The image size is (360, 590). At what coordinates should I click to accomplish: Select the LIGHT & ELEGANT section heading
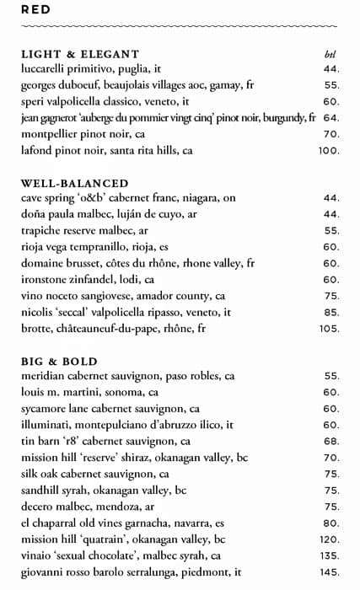[80, 55]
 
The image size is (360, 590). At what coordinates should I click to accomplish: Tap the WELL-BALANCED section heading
[74, 183]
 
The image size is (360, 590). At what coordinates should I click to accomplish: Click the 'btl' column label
[330, 55]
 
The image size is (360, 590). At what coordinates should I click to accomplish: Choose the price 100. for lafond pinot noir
[328, 151]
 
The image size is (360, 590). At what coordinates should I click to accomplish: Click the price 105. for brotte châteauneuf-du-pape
[328, 328]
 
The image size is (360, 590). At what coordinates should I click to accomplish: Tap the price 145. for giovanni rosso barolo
[328, 571]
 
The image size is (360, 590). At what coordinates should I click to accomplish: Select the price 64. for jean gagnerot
[330, 118]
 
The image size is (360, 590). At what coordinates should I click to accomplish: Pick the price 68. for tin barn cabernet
[330, 441]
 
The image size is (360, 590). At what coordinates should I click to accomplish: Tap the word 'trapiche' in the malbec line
[43, 231]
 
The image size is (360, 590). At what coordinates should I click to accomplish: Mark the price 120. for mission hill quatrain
[328, 539]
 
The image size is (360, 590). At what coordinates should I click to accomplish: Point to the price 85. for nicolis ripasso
[330, 312]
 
